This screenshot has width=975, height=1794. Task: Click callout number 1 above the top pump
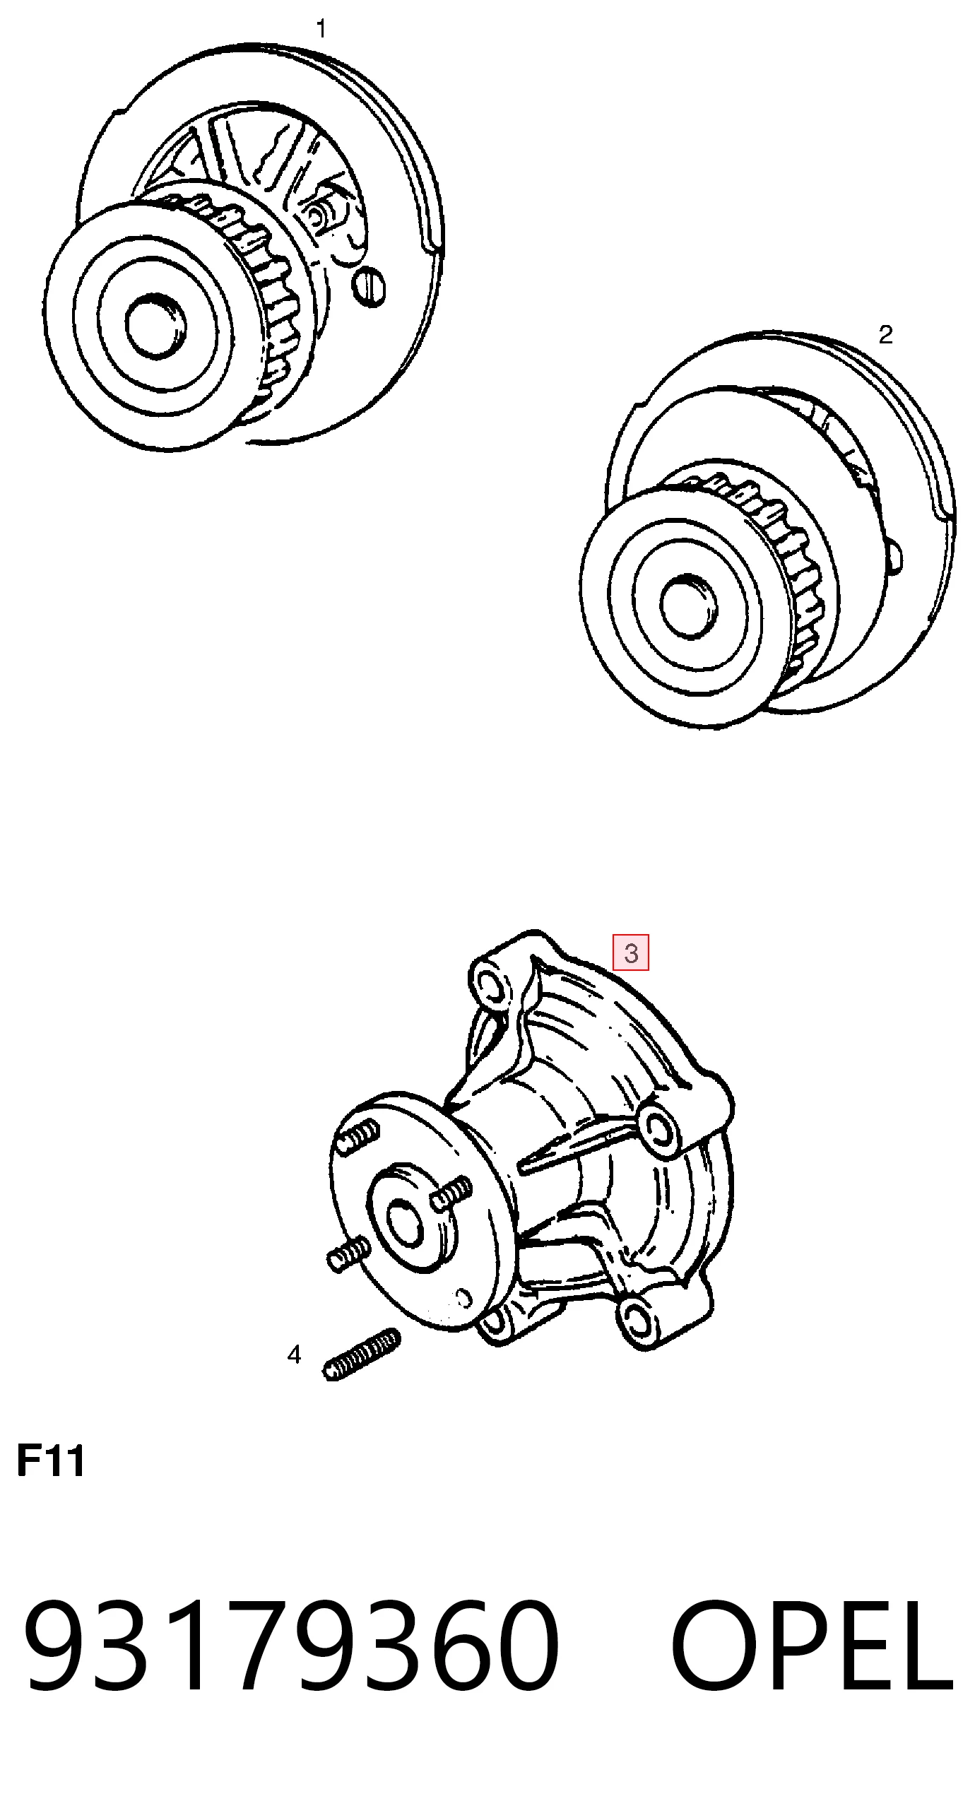pos(321,29)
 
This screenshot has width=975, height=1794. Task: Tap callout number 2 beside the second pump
pos(885,334)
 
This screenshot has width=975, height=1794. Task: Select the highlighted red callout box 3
pos(631,953)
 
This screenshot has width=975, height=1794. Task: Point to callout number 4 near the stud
pos(294,1355)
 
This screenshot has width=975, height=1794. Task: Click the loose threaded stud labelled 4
pos(363,1355)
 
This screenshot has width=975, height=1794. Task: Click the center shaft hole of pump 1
pos(157,327)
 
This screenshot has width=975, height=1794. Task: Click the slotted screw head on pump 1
pos(370,286)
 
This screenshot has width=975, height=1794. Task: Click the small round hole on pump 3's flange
pos(464,1297)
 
